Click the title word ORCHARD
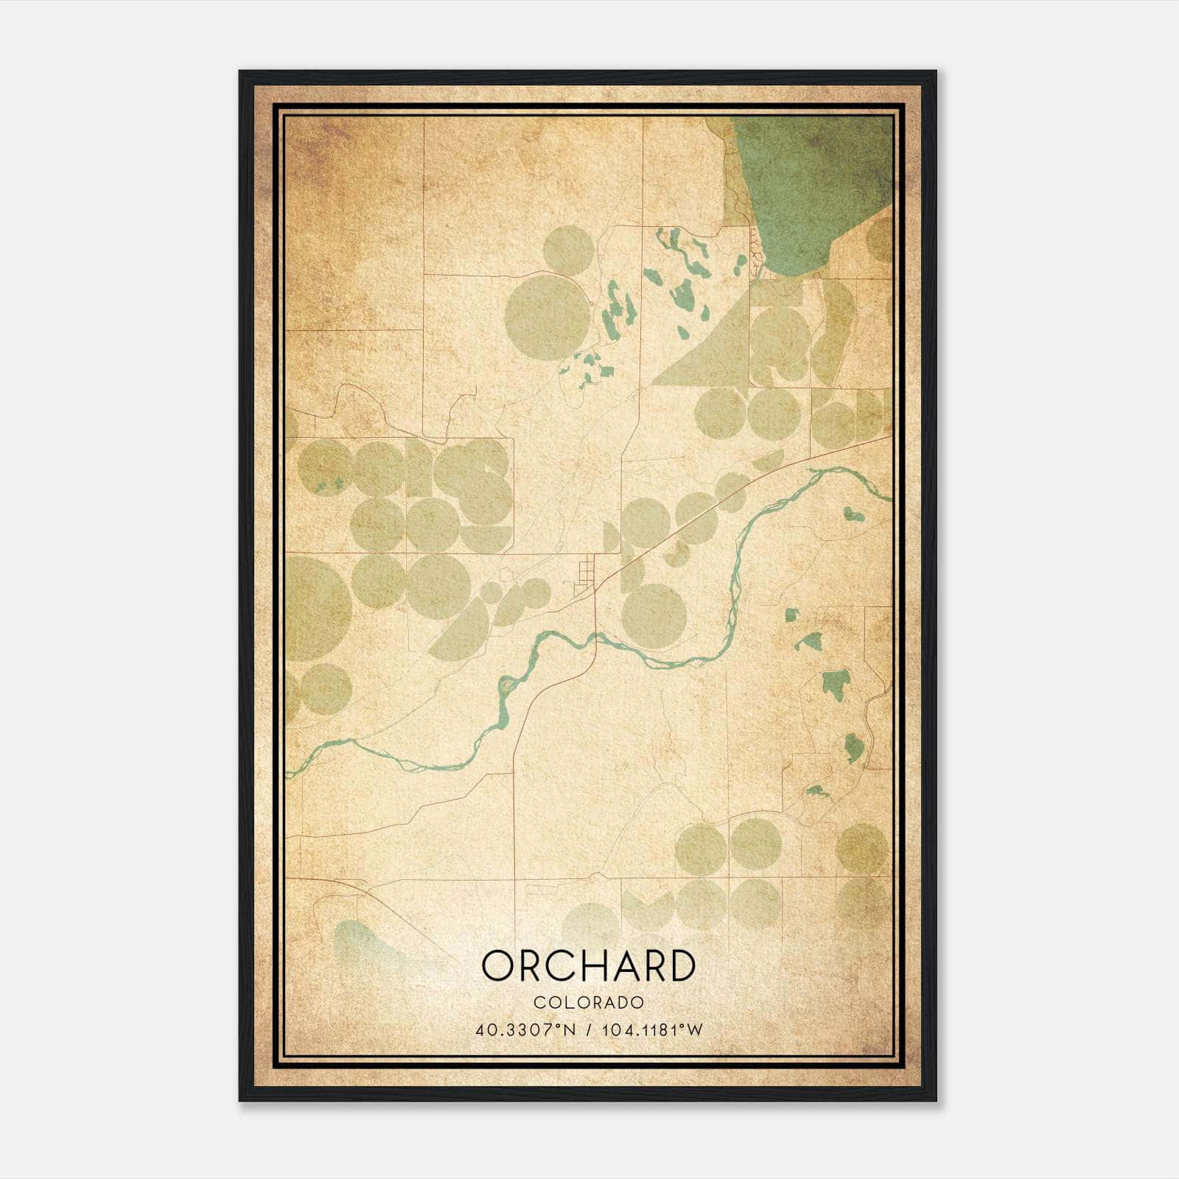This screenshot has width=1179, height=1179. tap(588, 965)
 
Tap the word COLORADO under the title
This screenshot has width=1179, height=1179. tap(589, 1002)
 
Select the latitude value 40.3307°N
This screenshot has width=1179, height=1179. tap(525, 1029)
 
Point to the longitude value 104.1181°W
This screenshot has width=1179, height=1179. tap(652, 1029)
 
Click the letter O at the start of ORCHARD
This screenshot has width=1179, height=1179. tap(497, 965)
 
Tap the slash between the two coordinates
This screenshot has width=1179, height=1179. tap(589, 1029)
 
